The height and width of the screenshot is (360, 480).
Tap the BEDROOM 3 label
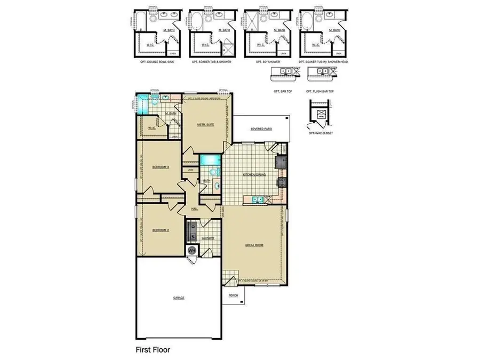(161, 167)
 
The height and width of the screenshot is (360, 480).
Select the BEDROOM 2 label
(161, 230)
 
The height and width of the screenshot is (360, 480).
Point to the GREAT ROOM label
(253, 245)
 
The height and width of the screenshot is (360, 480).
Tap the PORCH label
(233, 294)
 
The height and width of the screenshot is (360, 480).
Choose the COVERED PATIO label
(261, 129)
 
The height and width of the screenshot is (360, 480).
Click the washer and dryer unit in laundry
(193, 231)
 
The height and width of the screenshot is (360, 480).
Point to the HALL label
(195, 209)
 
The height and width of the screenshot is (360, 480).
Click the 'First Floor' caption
(152, 350)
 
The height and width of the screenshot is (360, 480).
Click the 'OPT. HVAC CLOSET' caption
(321, 133)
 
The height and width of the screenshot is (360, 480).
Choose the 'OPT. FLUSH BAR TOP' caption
(320, 91)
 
